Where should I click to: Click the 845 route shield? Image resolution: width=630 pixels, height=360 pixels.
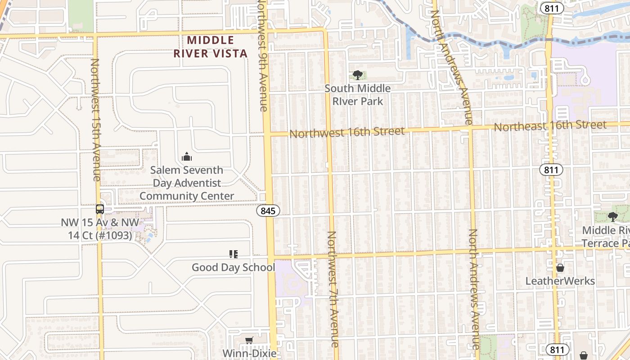coord(269,211)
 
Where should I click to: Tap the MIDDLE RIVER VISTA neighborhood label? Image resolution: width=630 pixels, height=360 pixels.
coord(211,47)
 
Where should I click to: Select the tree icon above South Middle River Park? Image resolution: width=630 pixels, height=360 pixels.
coord(358,75)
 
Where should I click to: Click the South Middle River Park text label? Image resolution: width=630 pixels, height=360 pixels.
coord(358,95)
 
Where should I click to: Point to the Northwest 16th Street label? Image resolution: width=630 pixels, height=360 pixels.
coord(347,132)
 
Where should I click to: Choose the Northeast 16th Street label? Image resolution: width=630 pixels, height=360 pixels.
coord(550,126)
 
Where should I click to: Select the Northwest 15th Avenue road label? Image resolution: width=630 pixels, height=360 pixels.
coord(96,119)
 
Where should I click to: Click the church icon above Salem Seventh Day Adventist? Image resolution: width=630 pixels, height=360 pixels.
coord(187,157)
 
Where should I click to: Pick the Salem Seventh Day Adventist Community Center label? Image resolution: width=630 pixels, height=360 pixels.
coord(187,183)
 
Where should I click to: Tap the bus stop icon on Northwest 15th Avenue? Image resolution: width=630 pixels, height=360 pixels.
coord(100,209)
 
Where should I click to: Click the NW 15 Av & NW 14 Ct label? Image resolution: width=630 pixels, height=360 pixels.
coord(100,229)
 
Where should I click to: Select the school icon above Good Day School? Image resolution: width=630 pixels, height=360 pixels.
coord(233,254)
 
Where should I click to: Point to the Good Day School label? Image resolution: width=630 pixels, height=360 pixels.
coord(233,267)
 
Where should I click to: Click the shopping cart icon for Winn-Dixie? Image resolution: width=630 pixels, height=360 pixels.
coord(249,340)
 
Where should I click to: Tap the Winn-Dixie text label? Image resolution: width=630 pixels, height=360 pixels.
coord(249,353)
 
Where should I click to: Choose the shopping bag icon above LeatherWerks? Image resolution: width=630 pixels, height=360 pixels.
coord(560,268)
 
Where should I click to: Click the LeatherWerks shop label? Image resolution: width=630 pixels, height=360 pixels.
coord(560,281)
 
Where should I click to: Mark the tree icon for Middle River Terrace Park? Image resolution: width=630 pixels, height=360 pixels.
coord(612,217)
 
